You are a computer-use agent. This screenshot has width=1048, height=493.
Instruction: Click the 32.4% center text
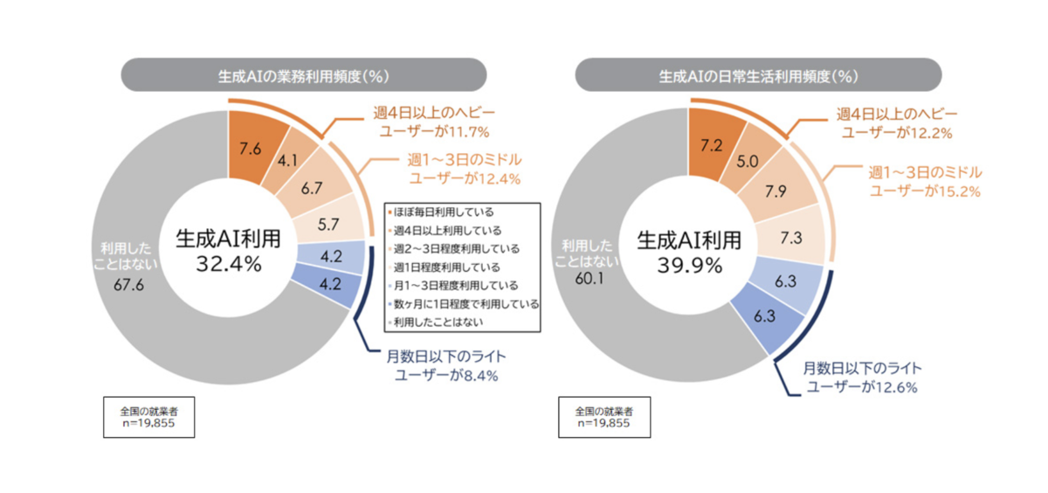pyautogui.click(x=228, y=264)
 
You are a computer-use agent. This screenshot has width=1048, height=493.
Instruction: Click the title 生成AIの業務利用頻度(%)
pyautogui.click(x=303, y=75)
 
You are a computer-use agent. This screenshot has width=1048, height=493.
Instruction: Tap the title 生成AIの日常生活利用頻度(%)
pyautogui.click(x=758, y=75)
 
